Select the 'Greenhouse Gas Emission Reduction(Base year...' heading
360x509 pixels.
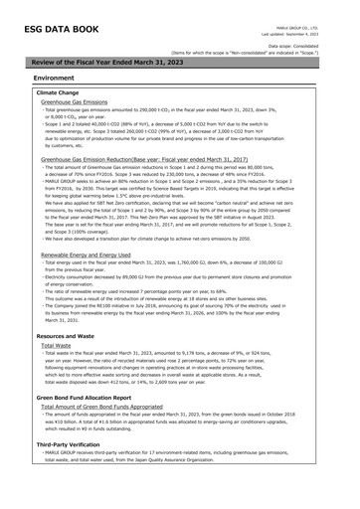click(x=145, y=158)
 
